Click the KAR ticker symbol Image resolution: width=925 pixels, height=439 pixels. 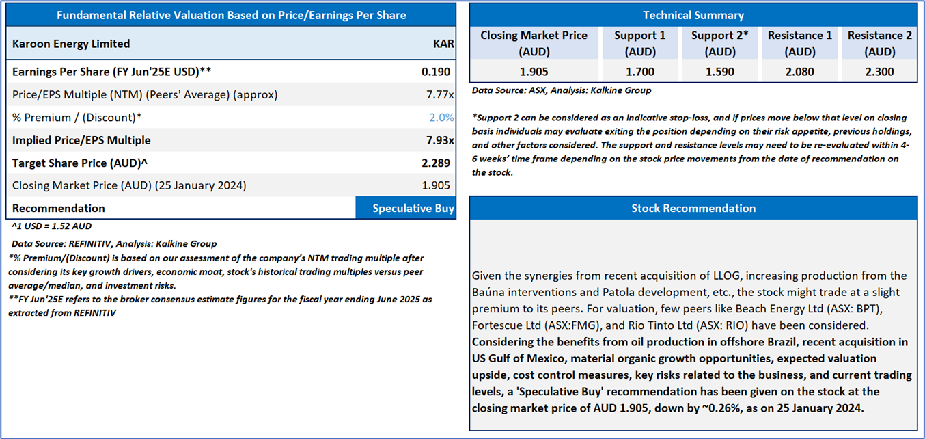(443, 44)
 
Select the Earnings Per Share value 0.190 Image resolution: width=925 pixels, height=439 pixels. (438, 72)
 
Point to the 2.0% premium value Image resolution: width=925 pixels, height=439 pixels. (441, 117)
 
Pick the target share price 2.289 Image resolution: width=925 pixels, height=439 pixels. (438, 163)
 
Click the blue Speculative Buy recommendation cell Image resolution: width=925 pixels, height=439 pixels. (406, 209)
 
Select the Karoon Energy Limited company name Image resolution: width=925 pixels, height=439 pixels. (71, 44)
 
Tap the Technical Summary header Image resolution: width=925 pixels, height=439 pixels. (693, 15)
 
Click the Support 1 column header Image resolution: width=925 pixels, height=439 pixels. (639, 43)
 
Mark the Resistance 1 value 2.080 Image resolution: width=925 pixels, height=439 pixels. (800, 72)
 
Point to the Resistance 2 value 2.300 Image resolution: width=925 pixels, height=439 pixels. (880, 72)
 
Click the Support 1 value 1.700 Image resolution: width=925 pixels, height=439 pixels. (639, 72)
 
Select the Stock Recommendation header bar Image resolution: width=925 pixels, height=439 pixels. (693, 208)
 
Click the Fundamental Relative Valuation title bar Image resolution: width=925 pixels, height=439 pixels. (231, 15)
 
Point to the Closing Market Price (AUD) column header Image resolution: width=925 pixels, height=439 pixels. (534, 43)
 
